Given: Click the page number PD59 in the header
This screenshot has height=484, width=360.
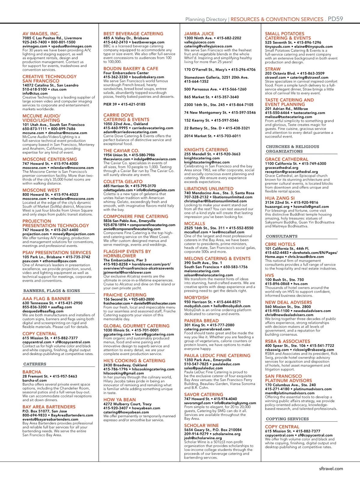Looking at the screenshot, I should point(335,19).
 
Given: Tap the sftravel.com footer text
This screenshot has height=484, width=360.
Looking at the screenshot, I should point(331,468).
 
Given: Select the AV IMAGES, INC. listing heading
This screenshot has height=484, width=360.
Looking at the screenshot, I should point(41,34).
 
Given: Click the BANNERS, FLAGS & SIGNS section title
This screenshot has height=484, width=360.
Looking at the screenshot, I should point(52,290).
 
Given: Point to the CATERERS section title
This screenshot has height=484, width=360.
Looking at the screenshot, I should point(35,364).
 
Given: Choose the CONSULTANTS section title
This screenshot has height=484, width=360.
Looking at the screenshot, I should point(282,236).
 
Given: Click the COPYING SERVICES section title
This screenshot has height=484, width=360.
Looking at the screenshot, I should point(287,419).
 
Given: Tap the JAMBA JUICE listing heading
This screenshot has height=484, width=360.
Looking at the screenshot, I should point(199,34).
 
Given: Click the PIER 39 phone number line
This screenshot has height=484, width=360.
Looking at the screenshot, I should point(124,104).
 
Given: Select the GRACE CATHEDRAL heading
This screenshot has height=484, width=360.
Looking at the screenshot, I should point(286,159).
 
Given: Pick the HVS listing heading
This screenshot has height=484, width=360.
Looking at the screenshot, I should point(269,275).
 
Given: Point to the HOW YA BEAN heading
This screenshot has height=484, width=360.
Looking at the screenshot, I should point(119,400).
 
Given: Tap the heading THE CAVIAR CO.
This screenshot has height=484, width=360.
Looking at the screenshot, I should point(121,151).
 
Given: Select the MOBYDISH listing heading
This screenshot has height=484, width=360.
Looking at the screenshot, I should point(196,298).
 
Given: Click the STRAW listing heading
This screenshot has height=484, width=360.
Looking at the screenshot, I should point(273,69).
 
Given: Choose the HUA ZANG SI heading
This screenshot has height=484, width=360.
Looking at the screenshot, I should point(280,198).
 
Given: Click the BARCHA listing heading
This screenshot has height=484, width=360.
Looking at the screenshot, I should point(31,372).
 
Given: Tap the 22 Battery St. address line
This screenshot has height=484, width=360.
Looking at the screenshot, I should point(217,128).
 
